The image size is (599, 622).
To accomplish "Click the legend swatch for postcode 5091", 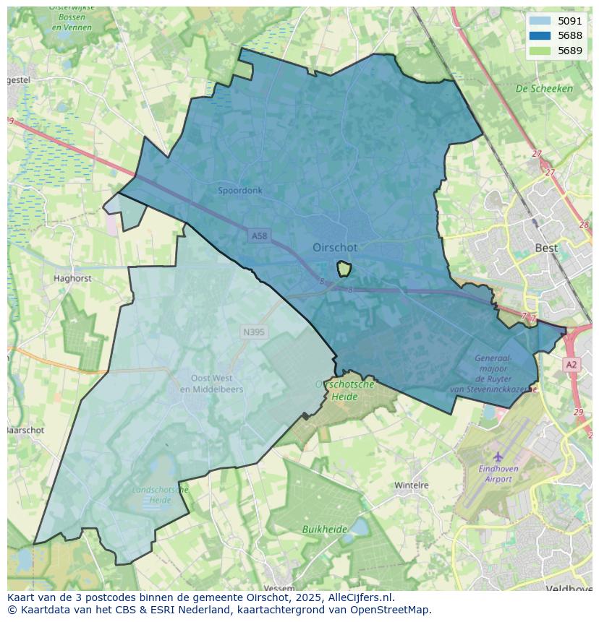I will click(540, 21).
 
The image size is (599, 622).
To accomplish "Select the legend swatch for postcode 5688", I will click(540, 35).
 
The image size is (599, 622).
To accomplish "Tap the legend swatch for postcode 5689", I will click(540, 51).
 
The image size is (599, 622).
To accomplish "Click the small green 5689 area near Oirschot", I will click(344, 269).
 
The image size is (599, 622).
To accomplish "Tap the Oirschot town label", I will click(335, 247).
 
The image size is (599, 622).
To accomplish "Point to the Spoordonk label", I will click(240, 191).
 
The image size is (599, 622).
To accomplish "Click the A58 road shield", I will click(259, 236).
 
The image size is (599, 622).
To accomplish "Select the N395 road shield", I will click(253, 332).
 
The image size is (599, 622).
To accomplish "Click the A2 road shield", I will click(572, 365).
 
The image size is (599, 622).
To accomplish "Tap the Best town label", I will click(546, 248).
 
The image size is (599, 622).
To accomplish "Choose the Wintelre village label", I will click(412, 485).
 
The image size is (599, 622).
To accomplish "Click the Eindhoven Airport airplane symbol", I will click(498, 457).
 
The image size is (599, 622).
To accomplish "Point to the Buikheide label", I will click(325, 530).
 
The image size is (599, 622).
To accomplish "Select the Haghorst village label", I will click(72, 278).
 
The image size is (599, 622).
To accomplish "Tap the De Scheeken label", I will click(544, 89).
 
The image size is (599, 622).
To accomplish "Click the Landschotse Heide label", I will click(161, 495).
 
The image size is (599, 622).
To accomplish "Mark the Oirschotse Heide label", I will click(345, 390).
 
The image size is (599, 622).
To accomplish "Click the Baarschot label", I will click(26, 430).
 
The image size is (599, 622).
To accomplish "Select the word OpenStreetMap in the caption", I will click(391, 610).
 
